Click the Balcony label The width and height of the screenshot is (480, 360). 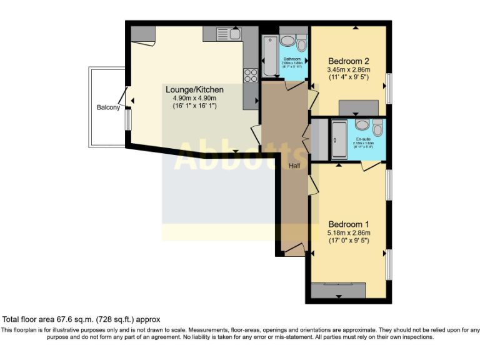pyautogui.click(x=108, y=107)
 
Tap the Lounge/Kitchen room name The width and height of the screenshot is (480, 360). pyautogui.click(x=194, y=89)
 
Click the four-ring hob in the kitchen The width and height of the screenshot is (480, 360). pyautogui.click(x=251, y=76)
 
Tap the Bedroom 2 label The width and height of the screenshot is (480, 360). pyautogui.click(x=349, y=61)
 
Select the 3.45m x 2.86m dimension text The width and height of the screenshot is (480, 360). pyautogui.click(x=349, y=69)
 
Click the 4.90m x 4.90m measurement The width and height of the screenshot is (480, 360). pyautogui.click(x=194, y=98)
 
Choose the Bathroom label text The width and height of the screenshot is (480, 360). pyautogui.click(x=292, y=59)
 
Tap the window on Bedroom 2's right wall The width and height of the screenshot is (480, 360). pyautogui.click(x=389, y=88)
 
